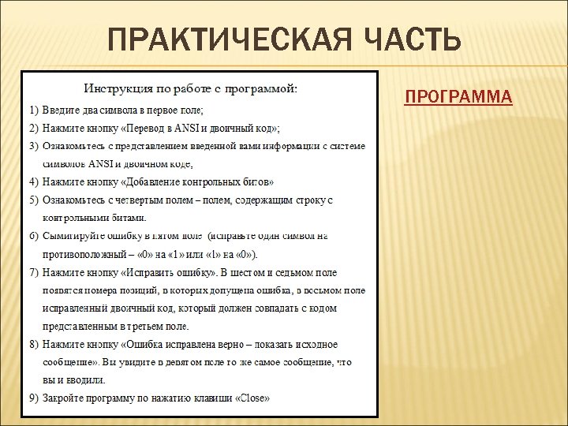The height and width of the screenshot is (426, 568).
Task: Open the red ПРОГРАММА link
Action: (458, 97)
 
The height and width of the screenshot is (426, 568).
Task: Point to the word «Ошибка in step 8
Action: (147, 345)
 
